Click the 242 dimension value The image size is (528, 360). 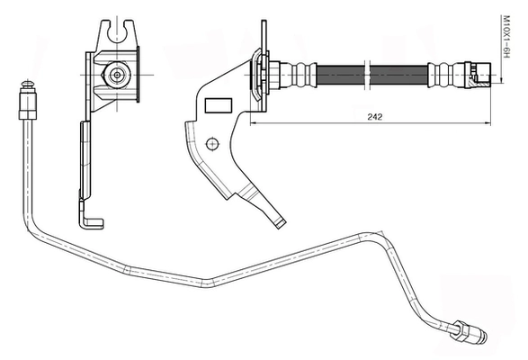(x=375, y=117)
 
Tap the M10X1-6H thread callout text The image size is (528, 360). (x=506, y=36)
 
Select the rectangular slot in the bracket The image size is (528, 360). (x=219, y=105)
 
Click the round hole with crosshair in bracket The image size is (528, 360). (x=212, y=144)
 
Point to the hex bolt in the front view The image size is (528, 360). (x=117, y=75)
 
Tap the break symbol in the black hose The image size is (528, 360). (x=367, y=76)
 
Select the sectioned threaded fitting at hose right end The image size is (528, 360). (x=478, y=75)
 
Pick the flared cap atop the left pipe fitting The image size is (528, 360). (x=28, y=84)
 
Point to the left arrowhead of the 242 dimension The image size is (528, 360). (x=255, y=123)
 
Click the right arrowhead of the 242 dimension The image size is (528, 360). (x=487, y=123)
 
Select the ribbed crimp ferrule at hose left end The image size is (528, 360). (x=299, y=75)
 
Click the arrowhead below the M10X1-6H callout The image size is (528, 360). (x=502, y=79)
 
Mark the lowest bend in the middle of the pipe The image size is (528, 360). (x=207, y=283)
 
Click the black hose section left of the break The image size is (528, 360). (x=341, y=75)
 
